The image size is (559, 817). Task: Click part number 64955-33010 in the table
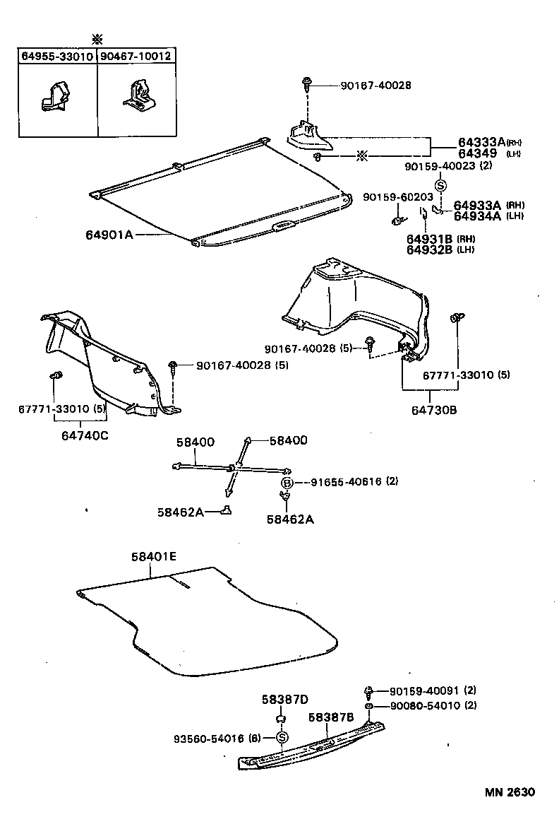point(57,56)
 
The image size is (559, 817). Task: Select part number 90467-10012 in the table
point(136,56)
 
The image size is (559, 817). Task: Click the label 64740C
point(80,435)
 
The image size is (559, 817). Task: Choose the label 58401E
point(153,557)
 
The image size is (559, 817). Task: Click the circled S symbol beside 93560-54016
point(282,739)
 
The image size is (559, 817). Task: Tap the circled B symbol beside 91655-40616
point(287,482)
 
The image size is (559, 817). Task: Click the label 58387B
point(330,717)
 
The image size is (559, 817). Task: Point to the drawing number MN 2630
point(510,792)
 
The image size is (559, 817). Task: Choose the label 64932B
point(430,249)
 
